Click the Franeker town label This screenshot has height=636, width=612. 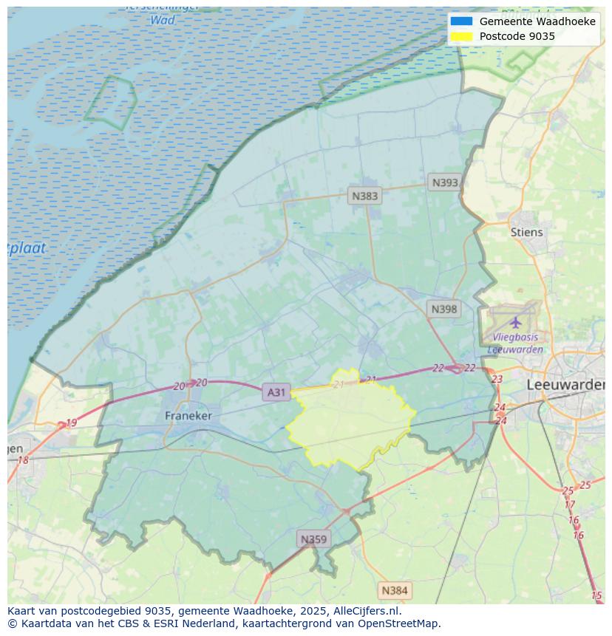point(188,416)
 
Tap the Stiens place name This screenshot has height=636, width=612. point(526,232)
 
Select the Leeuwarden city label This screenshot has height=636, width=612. point(565,385)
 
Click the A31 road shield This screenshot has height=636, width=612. point(276,392)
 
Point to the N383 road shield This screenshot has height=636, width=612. point(364,196)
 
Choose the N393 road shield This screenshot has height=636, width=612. point(445,182)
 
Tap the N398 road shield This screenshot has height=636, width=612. point(443,309)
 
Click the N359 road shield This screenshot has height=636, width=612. point(313,539)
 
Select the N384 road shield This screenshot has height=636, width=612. point(394,590)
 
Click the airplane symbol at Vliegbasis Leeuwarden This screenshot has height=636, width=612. point(515,323)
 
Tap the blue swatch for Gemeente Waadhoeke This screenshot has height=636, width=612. point(461,21)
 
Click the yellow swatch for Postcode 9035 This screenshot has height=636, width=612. point(461,36)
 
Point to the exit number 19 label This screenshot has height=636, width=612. point(71,423)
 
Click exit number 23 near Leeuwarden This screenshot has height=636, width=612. point(497,379)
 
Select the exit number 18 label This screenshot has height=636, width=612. point(23,460)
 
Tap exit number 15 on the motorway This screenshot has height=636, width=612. point(596,595)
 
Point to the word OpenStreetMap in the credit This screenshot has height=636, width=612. point(400,623)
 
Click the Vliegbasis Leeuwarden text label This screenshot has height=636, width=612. point(515,343)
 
